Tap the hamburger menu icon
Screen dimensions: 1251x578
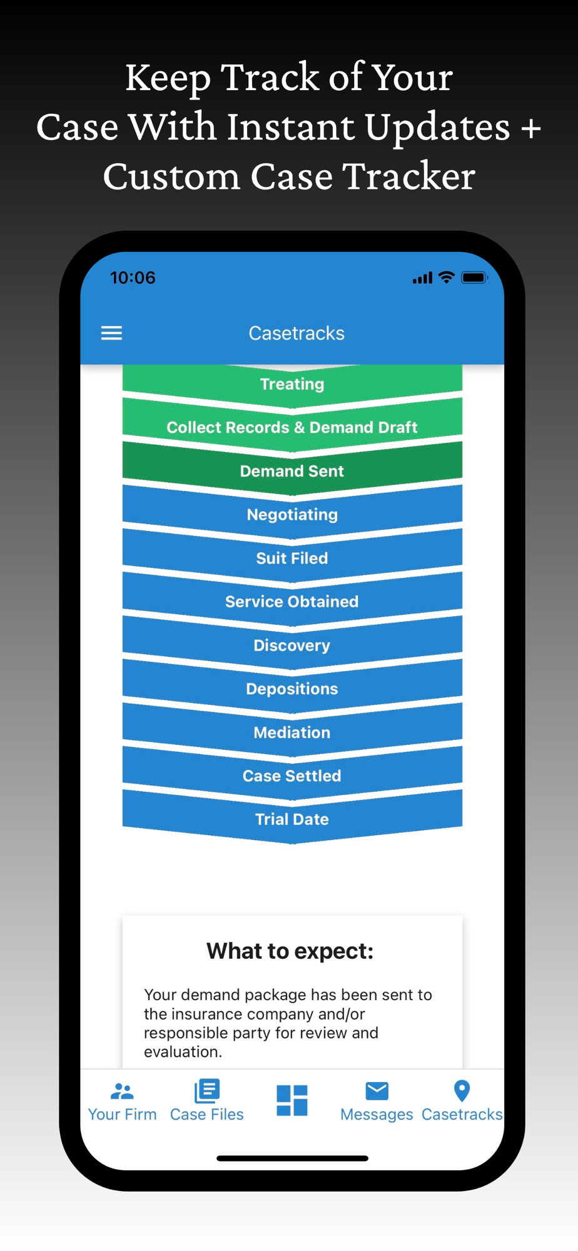tap(111, 333)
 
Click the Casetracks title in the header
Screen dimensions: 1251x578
tap(297, 333)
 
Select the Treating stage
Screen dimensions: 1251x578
tap(292, 383)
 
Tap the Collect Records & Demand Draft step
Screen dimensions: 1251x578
tap(292, 427)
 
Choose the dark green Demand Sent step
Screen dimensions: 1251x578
tap(292, 470)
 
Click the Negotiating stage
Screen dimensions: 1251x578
tap(292, 514)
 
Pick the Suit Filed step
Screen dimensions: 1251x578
tap(292, 558)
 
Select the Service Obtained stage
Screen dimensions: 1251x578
tap(292, 601)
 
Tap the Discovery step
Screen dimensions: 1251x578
tap(292, 645)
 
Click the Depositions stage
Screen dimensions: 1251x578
tap(292, 689)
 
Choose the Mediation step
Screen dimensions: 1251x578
tap(292, 732)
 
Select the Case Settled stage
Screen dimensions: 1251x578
tap(292, 776)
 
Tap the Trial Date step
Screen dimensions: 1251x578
tap(292, 819)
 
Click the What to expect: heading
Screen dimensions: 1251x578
tap(290, 951)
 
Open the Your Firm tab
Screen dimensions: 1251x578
tap(122, 1102)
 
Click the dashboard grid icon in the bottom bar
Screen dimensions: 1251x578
tap(292, 1100)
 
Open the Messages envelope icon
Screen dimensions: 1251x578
tap(377, 1091)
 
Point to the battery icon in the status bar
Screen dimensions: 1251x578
tap(474, 278)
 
